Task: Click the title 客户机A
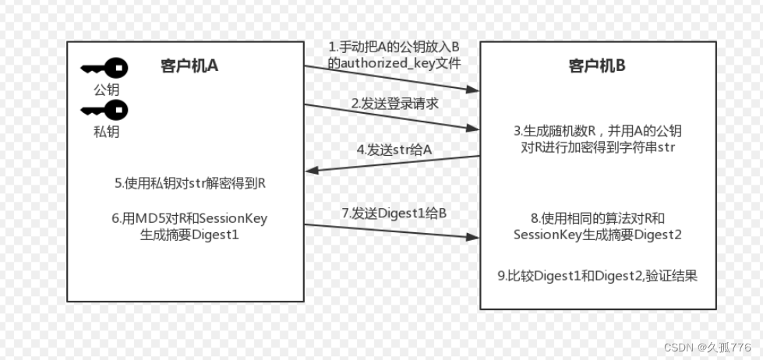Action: tap(189, 65)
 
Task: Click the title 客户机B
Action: tap(597, 66)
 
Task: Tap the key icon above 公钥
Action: tap(104, 69)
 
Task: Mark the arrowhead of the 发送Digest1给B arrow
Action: tap(473, 236)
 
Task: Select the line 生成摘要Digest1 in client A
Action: tap(189, 233)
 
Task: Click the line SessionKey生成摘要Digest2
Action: tap(598, 235)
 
